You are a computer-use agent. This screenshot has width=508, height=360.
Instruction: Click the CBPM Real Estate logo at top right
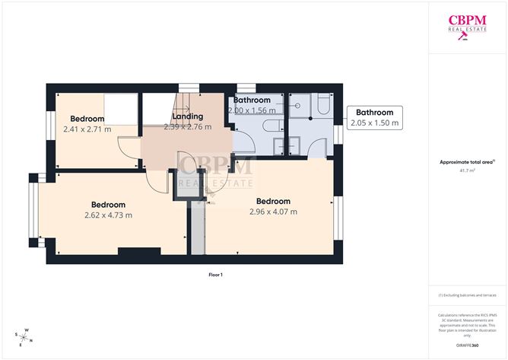468,26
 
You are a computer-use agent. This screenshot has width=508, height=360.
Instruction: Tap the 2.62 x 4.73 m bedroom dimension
109,215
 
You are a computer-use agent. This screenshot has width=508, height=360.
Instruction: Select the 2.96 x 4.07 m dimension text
273,212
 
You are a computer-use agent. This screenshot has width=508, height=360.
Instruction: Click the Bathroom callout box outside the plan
375,117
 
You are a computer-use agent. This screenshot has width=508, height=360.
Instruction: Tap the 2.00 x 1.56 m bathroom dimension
252,110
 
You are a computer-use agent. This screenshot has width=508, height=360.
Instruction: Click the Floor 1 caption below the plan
216,274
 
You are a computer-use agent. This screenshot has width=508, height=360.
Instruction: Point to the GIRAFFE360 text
468,346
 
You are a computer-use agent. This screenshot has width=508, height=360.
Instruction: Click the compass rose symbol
24,335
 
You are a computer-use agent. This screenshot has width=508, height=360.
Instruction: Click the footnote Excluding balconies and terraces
468,295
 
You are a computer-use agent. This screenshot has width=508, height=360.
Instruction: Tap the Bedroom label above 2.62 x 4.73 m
109,205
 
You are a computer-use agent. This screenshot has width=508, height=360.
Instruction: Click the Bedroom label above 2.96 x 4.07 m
273,201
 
